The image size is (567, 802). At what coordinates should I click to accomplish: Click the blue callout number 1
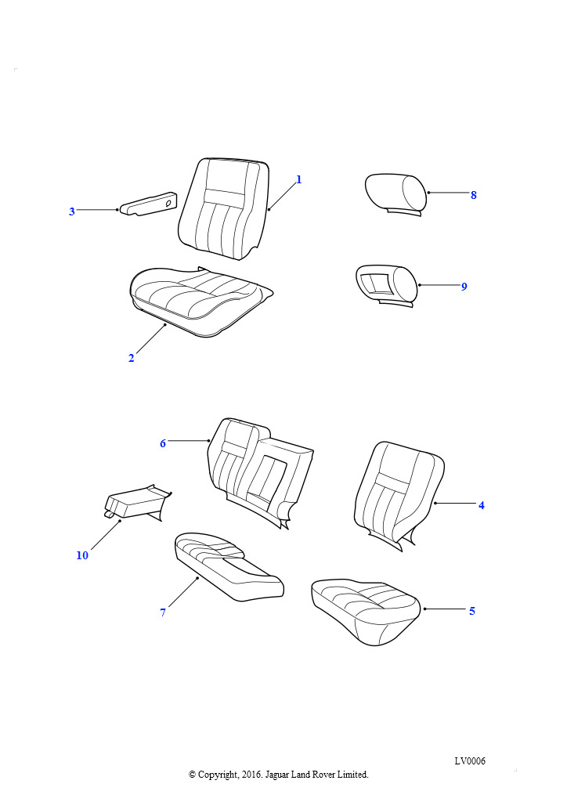(x=299, y=179)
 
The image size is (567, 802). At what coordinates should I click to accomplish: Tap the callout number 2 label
(x=132, y=358)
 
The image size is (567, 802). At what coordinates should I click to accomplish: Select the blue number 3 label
(x=72, y=211)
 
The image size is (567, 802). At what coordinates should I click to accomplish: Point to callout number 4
(x=481, y=505)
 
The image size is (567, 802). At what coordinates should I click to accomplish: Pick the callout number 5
(x=472, y=611)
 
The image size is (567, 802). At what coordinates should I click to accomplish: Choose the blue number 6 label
(x=163, y=443)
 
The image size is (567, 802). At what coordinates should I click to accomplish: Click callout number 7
(x=163, y=612)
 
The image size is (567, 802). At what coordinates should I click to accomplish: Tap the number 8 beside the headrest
(x=474, y=195)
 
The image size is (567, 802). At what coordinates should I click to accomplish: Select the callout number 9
(x=464, y=287)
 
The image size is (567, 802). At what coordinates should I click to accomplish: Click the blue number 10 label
(x=82, y=555)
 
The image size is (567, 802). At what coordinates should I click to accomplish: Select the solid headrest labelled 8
(x=396, y=195)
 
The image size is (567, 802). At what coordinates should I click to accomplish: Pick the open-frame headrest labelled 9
(x=387, y=287)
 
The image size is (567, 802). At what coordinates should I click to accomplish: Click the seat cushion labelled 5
(x=366, y=611)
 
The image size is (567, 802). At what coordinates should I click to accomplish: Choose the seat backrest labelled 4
(x=399, y=495)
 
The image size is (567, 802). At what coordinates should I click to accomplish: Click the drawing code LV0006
(x=470, y=760)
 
